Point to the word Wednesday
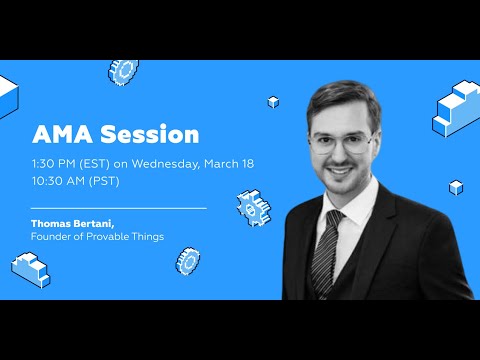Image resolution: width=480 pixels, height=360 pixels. point(174,162)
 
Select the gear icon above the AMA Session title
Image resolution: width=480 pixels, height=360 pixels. point(124,71)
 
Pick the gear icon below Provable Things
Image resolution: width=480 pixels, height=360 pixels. point(187,261)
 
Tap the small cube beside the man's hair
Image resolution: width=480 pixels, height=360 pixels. point(273,102)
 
